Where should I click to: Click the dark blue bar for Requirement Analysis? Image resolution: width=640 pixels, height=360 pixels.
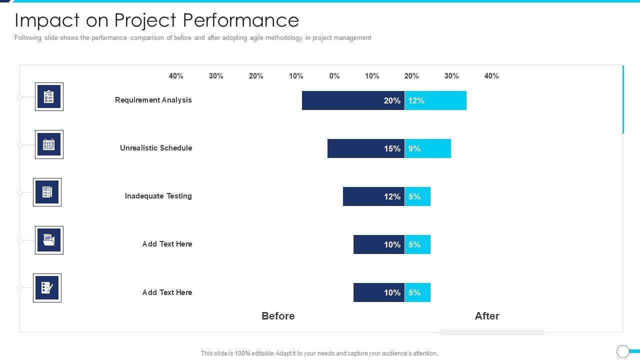tap(353, 100)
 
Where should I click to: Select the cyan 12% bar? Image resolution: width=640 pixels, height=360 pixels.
tap(435, 100)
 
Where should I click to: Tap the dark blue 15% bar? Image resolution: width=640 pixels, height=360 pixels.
tap(365, 148)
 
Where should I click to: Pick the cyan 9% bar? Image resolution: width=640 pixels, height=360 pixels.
tap(428, 148)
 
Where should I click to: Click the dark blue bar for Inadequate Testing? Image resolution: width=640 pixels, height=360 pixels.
tap(373, 196)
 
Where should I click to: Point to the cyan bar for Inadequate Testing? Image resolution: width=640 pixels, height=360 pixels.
tap(417, 196)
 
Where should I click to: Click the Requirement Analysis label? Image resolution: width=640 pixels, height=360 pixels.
tap(153, 100)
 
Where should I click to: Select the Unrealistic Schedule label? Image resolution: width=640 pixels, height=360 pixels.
tap(156, 148)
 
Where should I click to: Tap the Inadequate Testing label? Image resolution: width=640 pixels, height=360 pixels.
tap(158, 196)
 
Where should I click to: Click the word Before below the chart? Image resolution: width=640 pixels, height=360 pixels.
tap(278, 316)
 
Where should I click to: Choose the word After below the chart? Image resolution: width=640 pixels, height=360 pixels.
tap(487, 316)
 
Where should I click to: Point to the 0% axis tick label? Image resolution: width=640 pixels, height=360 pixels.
tap(334, 76)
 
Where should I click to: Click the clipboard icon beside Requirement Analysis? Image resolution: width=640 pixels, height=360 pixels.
tap(49, 96)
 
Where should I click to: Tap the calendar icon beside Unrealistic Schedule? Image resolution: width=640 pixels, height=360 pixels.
tap(49, 144)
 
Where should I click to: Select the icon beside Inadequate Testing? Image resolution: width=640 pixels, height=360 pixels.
tap(47, 192)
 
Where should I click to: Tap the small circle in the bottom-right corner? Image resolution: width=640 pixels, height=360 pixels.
tap(622, 351)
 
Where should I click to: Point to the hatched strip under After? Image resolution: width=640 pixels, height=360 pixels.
tap(491, 332)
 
